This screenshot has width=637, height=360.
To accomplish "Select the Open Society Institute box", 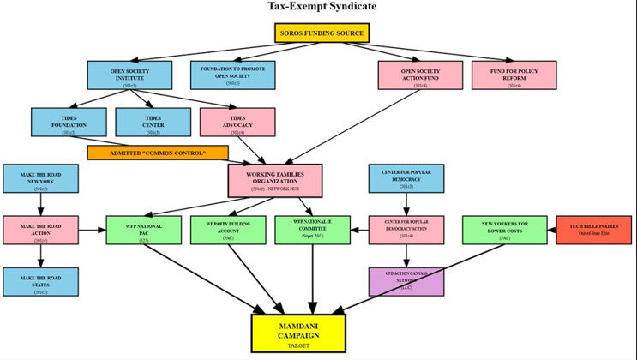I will (129, 75).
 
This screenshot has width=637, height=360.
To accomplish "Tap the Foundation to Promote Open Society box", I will (233, 75).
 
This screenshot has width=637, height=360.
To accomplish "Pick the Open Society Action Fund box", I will (420, 75).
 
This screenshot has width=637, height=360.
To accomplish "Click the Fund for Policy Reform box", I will (514, 75).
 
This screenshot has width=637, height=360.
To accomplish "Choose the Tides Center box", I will (153, 122).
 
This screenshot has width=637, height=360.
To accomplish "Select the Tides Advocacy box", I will (237, 122).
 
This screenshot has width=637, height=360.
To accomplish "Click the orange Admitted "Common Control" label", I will (158, 153).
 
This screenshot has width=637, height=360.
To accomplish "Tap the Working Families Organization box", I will (274, 180).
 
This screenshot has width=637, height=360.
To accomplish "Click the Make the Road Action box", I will (41, 231).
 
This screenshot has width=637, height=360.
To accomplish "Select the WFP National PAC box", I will (142, 231).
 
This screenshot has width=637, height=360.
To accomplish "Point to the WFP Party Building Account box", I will (228, 231).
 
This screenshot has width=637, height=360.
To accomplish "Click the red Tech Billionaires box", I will (593, 230).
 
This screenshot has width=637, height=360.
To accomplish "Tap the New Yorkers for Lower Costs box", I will (504, 230).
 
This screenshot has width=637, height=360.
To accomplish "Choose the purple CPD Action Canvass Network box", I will (406, 281).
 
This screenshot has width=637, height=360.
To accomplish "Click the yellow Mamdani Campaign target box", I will (298, 333).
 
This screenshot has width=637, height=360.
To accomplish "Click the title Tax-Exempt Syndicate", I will (322, 7).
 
